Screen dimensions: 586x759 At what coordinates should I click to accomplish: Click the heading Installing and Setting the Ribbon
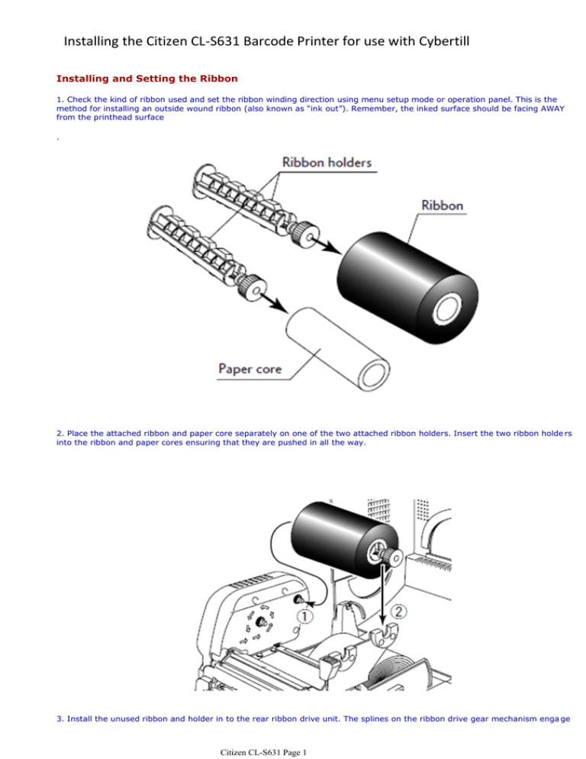click(147, 79)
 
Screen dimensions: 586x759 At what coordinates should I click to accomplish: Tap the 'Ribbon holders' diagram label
click(327, 162)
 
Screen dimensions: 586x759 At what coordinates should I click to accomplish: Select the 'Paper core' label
click(250, 369)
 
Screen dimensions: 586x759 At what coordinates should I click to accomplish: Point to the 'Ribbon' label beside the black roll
click(442, 205)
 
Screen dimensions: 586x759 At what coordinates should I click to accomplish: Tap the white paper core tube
click(338, 348)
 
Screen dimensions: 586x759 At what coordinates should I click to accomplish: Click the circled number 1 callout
click(305, 617)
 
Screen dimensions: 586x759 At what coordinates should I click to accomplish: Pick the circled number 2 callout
click(399, 612)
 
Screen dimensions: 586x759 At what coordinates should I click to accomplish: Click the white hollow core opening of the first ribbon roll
click(447, 309)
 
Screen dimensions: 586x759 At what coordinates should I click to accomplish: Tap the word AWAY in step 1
click(552, 108)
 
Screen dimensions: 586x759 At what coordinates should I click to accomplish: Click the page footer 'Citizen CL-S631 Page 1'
click(263, 752)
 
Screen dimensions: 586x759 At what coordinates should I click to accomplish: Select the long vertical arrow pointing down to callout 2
click(384, 594)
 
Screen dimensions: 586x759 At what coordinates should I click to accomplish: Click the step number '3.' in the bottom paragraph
click(60, 719)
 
